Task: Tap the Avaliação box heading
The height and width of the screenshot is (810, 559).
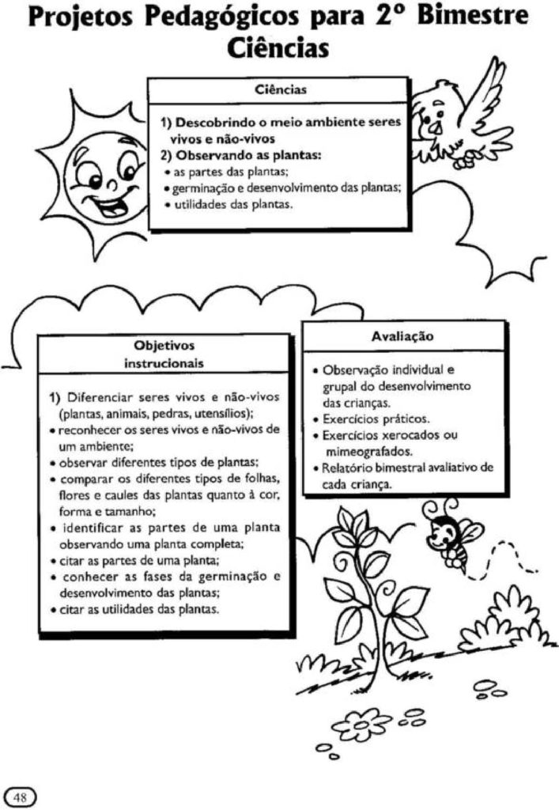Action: tap(402, 336)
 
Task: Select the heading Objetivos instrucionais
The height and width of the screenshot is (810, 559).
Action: tap(164, 354)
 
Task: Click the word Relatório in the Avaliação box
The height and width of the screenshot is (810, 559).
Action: tap(348, 468)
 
